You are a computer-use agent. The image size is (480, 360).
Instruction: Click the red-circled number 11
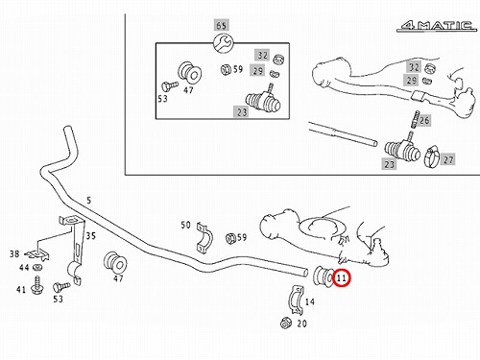pos(342,277)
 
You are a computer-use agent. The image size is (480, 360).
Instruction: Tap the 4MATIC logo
pos(437,25)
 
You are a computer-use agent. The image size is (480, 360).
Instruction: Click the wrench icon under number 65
pos(223,43)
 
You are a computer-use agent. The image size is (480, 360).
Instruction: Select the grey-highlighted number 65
pos(222,26)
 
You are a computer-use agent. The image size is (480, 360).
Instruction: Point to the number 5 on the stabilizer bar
pos(89,201)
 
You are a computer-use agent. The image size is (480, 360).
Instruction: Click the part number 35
pos(91,236)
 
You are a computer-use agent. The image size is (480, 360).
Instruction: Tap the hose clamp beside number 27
pos(432,156)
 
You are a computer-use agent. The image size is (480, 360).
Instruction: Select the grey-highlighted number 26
pos(424,121)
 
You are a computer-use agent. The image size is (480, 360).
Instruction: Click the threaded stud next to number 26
pos(416,119)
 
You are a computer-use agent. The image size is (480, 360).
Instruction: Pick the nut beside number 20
pos(285,323)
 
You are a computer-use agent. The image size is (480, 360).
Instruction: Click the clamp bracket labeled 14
pos(296,300)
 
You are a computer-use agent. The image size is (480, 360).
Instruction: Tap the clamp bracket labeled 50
pos(204,237)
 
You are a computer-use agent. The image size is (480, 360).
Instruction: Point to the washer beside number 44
pos(38,266)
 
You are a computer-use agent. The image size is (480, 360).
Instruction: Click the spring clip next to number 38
pos(37,254)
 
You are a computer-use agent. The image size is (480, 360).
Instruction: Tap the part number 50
pos(185,225)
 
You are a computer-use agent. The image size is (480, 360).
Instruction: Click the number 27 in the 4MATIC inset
pos(448,159)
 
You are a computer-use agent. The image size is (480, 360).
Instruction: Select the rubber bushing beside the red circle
pos(324,277)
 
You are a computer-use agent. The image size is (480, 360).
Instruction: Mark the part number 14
pos(310,301)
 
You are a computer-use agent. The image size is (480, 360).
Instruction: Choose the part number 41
pos(21,290)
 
